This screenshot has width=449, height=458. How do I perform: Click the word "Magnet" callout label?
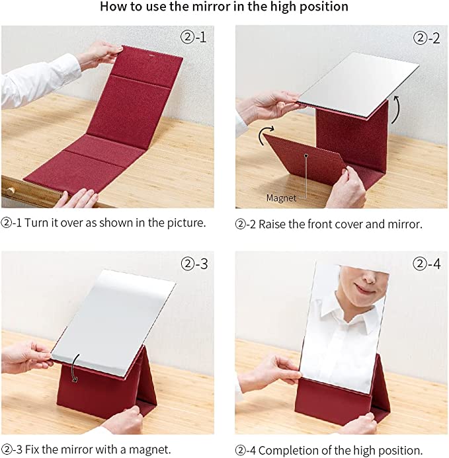pos(281,198)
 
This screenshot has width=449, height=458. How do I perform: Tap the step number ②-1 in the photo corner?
pos(194,37)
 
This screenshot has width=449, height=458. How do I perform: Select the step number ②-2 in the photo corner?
pos(427,38)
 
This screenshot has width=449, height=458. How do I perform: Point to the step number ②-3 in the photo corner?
pos(194,264)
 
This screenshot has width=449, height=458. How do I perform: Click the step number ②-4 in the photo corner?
pos(427,264)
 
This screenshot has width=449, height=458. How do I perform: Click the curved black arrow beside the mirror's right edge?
pos(395,109)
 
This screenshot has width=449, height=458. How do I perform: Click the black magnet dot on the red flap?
pos(306,156)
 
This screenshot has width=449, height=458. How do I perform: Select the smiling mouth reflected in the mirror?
pos(364,288)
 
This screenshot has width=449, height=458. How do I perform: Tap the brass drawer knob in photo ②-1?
pos(11,192)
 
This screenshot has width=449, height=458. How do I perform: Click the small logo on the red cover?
pos(151,55)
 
